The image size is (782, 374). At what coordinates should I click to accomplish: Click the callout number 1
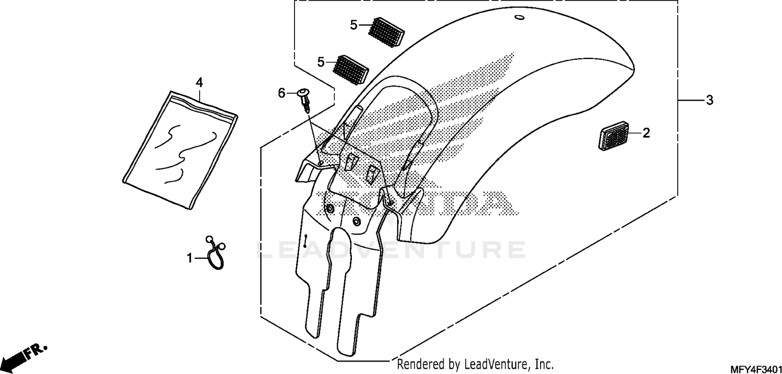click(190, 258)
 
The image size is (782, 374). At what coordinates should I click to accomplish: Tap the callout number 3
click(709, 100)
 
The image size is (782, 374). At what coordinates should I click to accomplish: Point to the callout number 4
click(199, 82)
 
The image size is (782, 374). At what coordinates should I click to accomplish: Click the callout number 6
click(282, 93)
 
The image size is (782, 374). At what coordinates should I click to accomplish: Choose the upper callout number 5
click(353, 24)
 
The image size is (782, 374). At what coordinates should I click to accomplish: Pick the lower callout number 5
click(321, 62)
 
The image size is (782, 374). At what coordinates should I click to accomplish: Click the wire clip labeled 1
click(215, 254)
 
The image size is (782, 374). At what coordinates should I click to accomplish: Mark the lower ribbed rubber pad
click(350, 69)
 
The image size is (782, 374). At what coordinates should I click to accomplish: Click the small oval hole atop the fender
click(519, 19)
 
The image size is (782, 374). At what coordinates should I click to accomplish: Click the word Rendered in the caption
click(417, 364)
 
